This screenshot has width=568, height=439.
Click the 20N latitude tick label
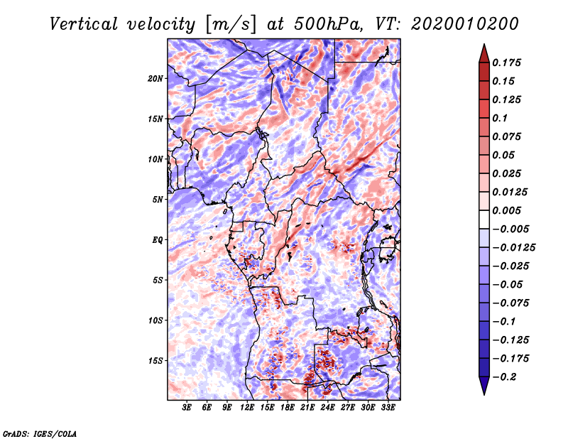(155, 78)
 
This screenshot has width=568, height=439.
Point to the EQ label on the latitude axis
(157, 240)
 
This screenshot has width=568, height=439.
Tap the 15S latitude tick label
(155, 361)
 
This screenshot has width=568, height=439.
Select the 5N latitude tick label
(158, 200)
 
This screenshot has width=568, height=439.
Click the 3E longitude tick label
(187, 408)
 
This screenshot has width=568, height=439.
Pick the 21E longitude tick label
(308, 408)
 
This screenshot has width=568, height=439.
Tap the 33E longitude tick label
(388, 408)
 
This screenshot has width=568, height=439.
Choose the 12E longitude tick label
(247, 408)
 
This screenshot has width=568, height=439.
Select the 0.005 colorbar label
(508, 210)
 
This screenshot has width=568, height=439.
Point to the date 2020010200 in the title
(465, 23)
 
